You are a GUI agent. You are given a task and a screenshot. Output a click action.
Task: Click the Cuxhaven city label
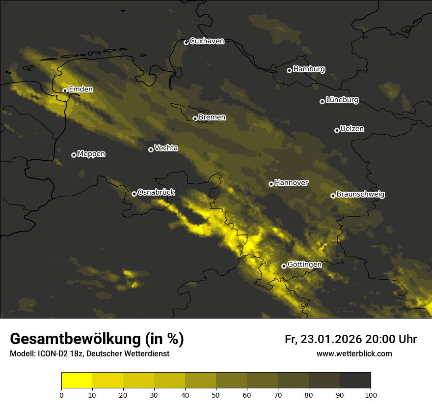(x=207, y=41)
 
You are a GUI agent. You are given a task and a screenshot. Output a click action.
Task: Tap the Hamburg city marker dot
(x=289, y=70)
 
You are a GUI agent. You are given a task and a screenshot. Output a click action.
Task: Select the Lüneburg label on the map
(x=342, y=100)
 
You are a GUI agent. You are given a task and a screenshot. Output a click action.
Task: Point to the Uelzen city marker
(x=337, y=130)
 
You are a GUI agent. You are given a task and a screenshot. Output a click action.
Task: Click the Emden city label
(x=81, y=89)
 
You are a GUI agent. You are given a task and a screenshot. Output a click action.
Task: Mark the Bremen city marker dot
(x=195, y=118)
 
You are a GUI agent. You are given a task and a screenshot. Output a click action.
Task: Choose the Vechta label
(x=166, y=148)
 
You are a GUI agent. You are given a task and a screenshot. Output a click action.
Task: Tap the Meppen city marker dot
(x=74, y=155)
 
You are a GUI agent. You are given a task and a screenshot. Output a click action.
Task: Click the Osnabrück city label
(x=156, y=192)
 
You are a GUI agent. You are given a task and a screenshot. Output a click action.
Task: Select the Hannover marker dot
(x=271, y=184)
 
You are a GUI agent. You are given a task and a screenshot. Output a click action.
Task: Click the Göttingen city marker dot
(x=284, y=266)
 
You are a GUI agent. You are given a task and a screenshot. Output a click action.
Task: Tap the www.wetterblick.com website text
(x=354, y=354)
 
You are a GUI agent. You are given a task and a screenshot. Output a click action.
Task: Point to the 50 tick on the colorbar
(x=216, y=394)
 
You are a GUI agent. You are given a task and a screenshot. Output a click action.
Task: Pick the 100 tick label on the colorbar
(x=371, y=394)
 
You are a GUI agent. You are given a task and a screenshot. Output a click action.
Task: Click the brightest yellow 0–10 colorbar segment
(x=77, y=380)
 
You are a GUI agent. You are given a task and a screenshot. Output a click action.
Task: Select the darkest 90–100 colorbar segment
(x=355, y=380)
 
